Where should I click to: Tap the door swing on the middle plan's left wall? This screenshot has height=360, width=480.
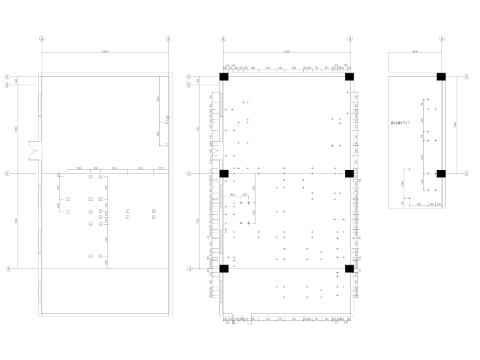[x=214, y=152]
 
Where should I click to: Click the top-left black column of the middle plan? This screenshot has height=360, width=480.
[x=224, y=77]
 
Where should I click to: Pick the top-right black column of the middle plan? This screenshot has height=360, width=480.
[x=349, y=77]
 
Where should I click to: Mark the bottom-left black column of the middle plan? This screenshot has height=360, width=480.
[x=224, y=268]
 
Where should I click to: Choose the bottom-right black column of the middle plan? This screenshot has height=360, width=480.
[x=349, y=268]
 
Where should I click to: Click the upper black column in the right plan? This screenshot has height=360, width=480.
[x=441, y=77]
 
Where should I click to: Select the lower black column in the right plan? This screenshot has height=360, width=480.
[x=441, y=173]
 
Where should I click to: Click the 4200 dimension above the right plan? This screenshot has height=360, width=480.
[x=414, y=52]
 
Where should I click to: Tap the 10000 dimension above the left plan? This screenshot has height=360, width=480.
[x=105, y=52]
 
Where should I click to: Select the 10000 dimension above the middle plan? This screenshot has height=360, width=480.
[x=286, y=52]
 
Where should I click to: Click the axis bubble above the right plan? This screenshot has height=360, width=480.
[x=441, y=39]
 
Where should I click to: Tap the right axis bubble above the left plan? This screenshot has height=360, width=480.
[x=169, y=39]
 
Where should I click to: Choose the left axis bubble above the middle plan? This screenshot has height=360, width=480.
[x=224, y=39]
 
